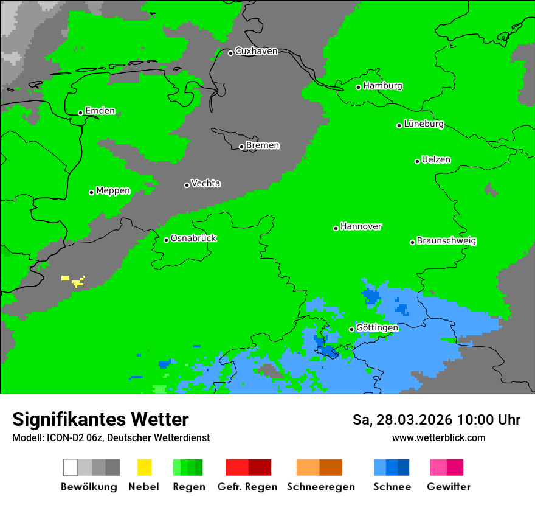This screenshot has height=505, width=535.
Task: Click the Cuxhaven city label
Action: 256,52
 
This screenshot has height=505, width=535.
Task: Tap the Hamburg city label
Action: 382,86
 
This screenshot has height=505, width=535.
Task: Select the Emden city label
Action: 100,111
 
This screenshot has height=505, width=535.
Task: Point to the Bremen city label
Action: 263,146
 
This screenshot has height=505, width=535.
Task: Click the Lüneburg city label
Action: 423,124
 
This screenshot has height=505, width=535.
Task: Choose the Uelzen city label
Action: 436,160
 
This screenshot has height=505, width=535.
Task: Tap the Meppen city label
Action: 113,191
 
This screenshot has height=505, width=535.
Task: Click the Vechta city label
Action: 205,184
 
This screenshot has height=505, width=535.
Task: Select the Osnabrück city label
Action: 193,239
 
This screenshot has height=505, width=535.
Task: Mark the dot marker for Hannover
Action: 336,228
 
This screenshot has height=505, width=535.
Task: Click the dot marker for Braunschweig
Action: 412,242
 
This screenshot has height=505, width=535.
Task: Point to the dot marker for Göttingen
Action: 351,329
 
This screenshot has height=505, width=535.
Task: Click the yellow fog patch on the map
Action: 77,282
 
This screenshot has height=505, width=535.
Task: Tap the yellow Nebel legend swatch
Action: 144,467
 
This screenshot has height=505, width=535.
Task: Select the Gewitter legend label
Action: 449,487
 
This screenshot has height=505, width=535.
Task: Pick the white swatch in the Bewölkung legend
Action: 71,467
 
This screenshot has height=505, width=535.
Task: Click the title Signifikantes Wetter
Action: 100,419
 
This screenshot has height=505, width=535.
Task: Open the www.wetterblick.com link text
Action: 438,437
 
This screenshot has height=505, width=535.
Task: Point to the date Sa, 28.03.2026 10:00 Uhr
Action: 436,420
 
